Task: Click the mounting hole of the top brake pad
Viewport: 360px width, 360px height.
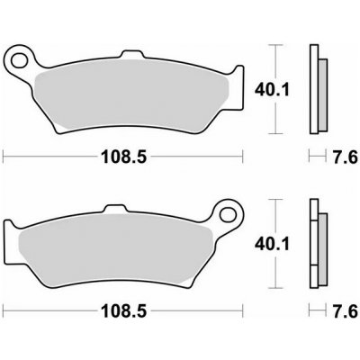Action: click(19, 60)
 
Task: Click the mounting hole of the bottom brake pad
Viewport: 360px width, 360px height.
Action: click(228, 214)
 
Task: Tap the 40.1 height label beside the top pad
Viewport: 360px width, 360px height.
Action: click(272, 89)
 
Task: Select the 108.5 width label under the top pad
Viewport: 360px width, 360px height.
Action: click(124, 157)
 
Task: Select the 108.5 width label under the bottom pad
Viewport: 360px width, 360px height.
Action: click(124, 311)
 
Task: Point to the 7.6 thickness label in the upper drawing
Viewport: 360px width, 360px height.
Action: click(346, 157)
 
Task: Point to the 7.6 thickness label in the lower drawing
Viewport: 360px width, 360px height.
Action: click(346, 311)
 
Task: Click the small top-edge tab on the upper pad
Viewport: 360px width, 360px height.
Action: click(131, 54)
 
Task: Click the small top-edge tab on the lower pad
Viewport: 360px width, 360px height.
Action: click(114, 208)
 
